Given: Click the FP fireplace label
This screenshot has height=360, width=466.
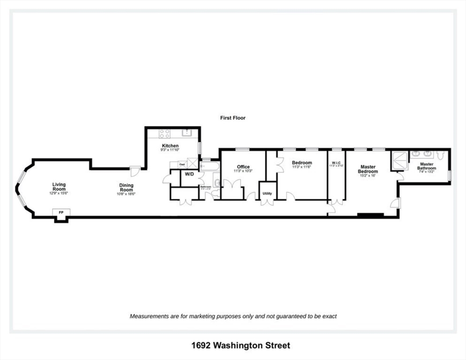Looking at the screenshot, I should (x=61, y=212).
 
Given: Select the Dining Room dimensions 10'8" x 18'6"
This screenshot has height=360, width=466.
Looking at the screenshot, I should (x=126, y=194).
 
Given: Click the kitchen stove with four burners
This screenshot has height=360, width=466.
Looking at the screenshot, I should (x=164, y=134).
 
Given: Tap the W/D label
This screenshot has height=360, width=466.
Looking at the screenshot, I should (x=190, y=174).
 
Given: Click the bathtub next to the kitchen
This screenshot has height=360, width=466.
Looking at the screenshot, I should (x=209, y=166).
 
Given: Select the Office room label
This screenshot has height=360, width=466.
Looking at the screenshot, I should (x=243, y=167).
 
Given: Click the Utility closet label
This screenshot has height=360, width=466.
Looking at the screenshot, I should (x=267, y=193).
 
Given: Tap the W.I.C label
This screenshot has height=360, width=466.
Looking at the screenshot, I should (x=336, y=163).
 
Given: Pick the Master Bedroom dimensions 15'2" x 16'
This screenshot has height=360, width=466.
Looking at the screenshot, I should (x=368, y=176).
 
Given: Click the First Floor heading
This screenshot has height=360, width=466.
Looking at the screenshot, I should (x=233, y=118).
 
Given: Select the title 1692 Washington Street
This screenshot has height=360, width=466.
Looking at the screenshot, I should (x=240, y=345).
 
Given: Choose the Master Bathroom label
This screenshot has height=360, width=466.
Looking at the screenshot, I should (x=427, y=166).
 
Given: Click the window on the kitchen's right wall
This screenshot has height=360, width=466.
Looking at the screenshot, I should (x=200, y=148).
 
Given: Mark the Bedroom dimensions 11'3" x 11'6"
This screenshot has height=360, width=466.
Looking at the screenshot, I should (x=302, y=167).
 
